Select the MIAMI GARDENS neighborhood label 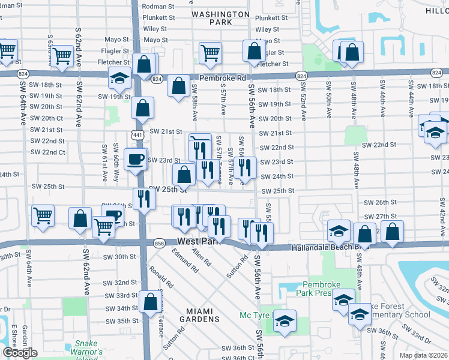(199, 316)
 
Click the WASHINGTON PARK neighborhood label (220, 18)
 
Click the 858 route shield (159, 244)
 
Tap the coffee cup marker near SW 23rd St (136, 160)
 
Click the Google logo (20, 353)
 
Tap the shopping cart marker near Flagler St (210, 53)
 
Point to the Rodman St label (158, 7)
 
